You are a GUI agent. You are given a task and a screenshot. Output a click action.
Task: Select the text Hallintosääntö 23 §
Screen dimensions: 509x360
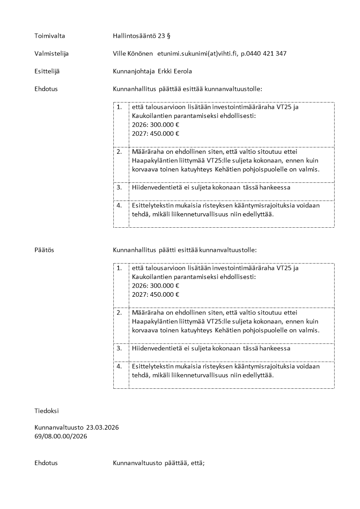(142, 35)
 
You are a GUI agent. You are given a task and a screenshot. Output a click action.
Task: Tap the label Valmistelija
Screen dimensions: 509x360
(51, 54)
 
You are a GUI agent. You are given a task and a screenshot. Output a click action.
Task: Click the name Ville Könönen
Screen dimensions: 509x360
(133, 54)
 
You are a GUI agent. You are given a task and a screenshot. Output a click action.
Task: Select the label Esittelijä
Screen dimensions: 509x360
(47, 71)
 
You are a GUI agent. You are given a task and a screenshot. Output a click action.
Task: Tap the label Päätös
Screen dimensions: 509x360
(44, 250)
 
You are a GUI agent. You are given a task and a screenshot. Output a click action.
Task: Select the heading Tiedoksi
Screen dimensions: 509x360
(46, 411)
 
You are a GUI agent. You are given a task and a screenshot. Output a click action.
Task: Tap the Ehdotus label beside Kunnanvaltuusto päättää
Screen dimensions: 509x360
(46, 463)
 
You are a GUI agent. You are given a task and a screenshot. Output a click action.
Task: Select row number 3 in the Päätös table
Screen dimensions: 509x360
(119, 348)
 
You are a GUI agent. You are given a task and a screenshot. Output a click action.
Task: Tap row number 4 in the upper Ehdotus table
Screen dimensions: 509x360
(119, 205)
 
